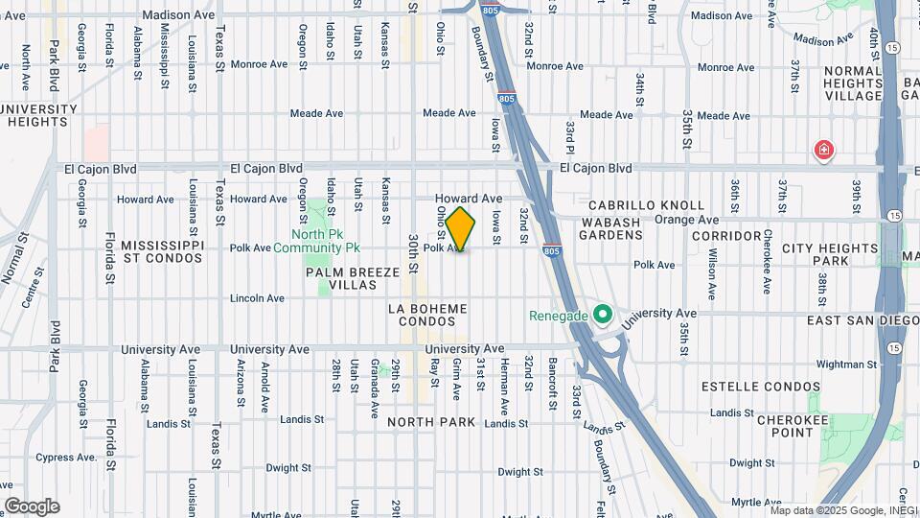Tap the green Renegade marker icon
point(602,315)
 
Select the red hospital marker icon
point(822,150)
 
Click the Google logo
point(32,506)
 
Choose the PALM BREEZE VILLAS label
point(352,279)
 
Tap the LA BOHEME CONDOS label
point(427,315)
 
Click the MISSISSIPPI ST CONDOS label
point(162,252)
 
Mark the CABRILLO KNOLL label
point(632,205)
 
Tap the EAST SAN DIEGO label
point(862,319)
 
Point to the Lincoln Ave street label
point(257,298)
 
